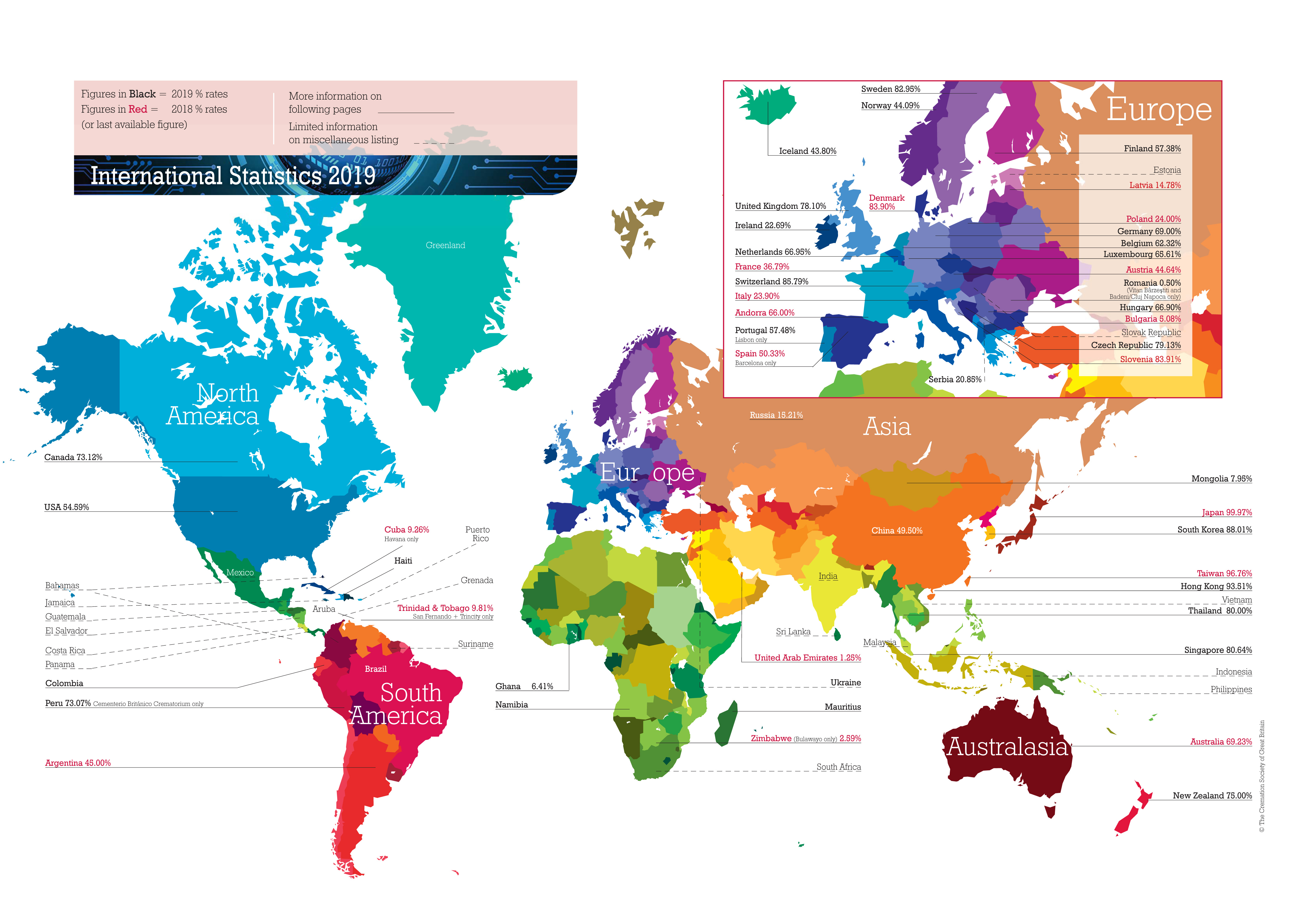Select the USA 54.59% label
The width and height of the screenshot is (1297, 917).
coord(67,507)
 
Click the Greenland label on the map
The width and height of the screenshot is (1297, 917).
coord(445,245)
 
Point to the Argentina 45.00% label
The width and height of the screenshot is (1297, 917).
coord(78,763)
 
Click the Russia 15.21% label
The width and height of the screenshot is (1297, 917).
coord(776,415)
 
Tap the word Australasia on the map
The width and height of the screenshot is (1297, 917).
coord(1007,747)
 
